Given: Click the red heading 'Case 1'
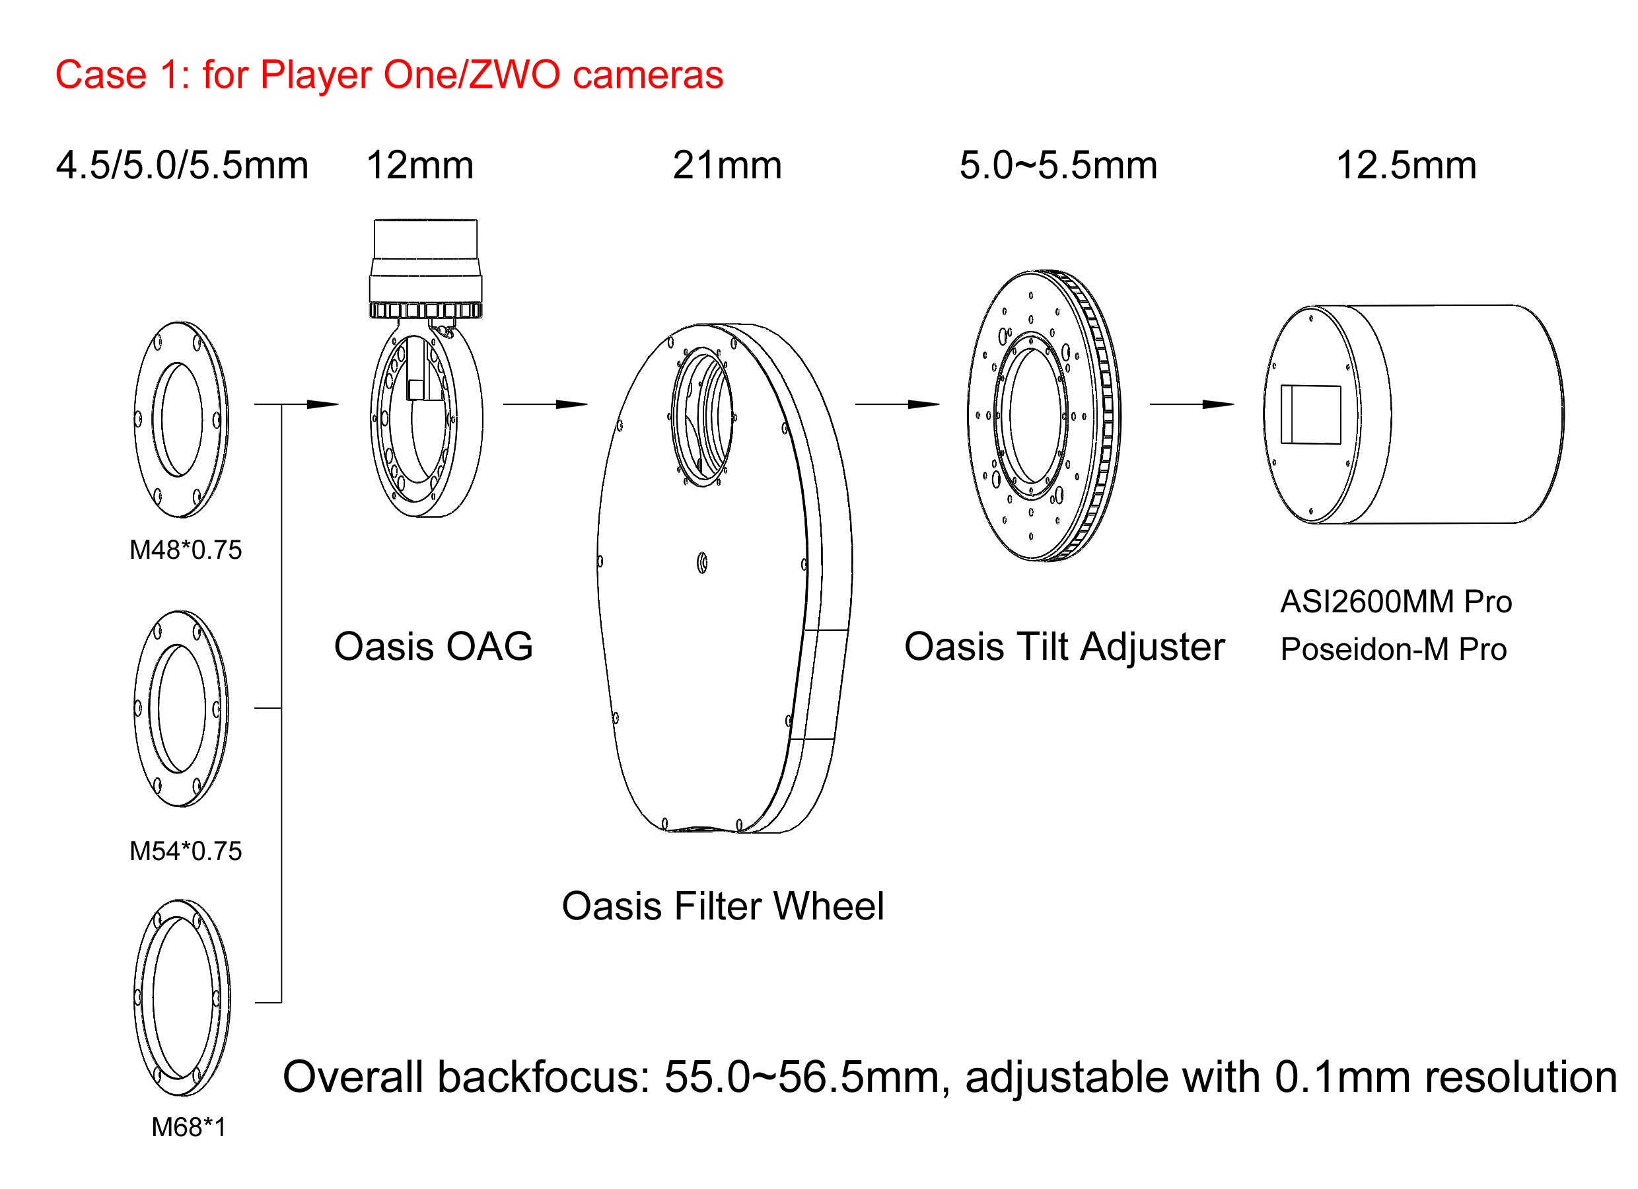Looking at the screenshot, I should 388,75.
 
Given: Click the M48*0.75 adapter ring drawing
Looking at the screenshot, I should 181,419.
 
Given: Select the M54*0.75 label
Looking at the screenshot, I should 186,851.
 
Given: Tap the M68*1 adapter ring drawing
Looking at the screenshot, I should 182,997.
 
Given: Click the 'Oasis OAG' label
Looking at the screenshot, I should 433,646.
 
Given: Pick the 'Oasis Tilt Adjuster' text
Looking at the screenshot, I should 1064,646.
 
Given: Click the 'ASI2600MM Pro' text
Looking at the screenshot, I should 1396,602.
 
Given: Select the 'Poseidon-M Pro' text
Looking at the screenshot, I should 1393,649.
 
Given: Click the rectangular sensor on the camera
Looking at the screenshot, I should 1310,415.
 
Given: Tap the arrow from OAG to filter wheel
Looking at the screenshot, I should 546,404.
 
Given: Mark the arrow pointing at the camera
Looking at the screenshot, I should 1191,404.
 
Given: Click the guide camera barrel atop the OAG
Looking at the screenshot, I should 425,268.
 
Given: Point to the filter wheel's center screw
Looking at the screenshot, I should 702,563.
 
